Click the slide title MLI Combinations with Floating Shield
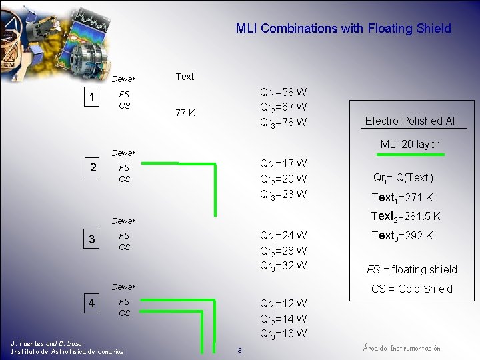click(343, 29)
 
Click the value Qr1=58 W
click(283, 92)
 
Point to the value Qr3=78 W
click(283, 123)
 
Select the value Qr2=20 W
click(283, 179)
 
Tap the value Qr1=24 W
click(283, 235)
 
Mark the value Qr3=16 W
click(283, 334)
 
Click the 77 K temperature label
click(185, 113)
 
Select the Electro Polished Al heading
click(410, 121)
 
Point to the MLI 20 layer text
click(410, 144)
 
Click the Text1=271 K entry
click(402, 197)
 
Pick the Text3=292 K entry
click(402, 235)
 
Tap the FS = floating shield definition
click(412, 269)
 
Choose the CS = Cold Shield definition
click(412, 289)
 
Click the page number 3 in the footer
click(239, 351)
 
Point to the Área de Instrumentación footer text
click(401, 349)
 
